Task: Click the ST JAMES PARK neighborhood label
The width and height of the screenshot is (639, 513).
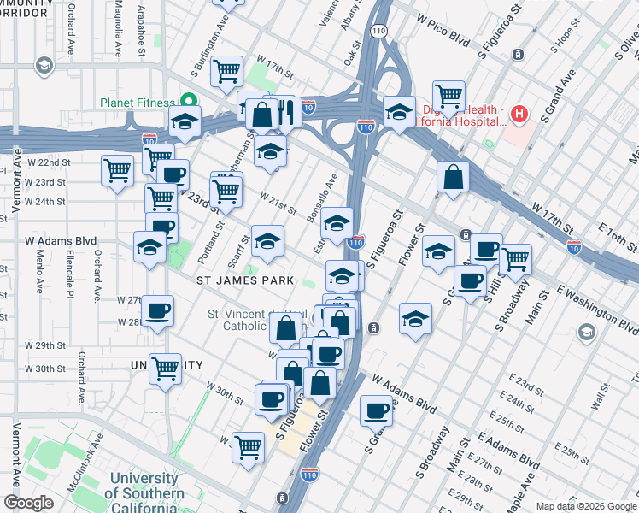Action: click(x=245, y=280)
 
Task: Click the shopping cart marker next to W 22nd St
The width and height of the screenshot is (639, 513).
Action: click(x=117, y=168)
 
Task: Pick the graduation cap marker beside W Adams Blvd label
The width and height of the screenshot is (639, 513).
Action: click(x=149, y=248)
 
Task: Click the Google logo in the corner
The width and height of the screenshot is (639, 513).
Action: click(x=29, y=503)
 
